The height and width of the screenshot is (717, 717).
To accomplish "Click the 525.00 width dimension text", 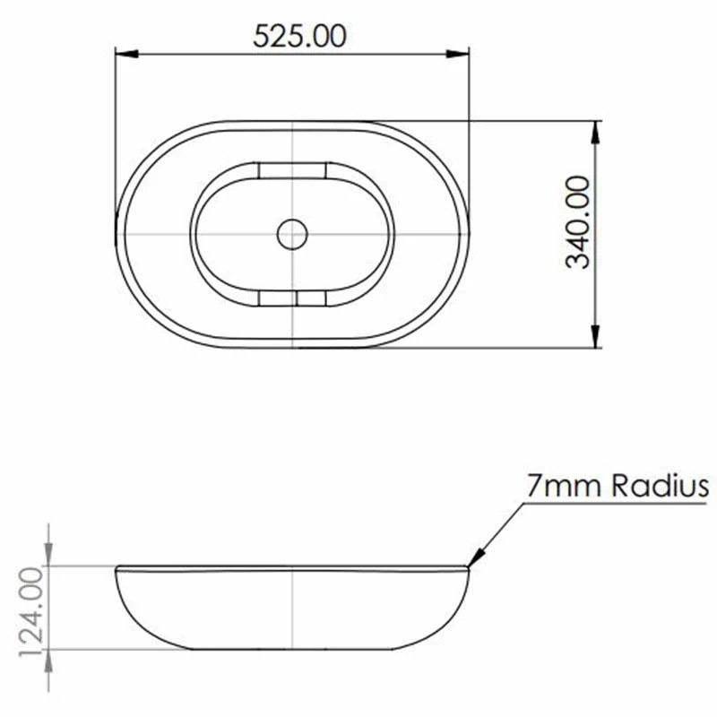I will tap(299, 36).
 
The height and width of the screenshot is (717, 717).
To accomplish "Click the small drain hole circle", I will tap(292, 235).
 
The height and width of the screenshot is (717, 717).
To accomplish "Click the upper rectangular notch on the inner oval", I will tap(292, 169).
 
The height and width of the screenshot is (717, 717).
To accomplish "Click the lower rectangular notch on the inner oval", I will tap(292, 298).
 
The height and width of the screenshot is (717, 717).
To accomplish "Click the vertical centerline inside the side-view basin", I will tap(293, 609).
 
